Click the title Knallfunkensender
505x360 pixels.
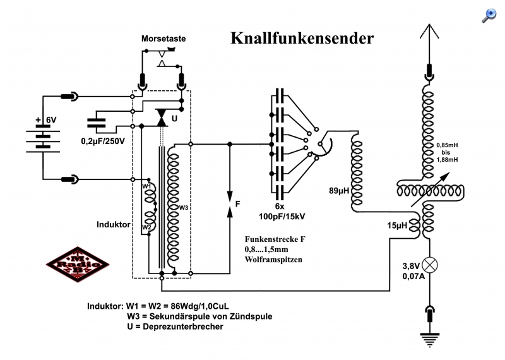[x=302, y=38]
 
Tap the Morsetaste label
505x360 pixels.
[x=163, y=39]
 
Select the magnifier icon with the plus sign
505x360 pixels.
[x=489, y=16]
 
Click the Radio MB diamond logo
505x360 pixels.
[x=78, y=265]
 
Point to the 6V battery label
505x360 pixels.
[x=51, y=120]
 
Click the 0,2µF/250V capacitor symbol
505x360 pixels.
[x=97, y=123]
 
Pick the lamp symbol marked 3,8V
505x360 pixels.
[x=430, y=265]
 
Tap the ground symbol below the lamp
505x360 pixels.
[x=430, y=340]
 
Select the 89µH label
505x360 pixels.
[x=339, y=191]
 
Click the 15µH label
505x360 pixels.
[x=397, y=225]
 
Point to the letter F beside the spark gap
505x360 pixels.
[x=238, y=204]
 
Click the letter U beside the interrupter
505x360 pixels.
[x=174, y=119]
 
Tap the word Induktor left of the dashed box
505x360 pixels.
[x=114, y=224]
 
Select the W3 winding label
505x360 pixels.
[x=184, y=208]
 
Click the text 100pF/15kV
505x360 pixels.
[x=282, y=216]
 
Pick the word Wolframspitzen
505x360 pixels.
[x=273, y=260]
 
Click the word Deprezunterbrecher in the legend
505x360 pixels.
[x=183, y=327]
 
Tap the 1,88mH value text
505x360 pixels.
[x=448, y=160]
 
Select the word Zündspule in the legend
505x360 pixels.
[x=251, y=316]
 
